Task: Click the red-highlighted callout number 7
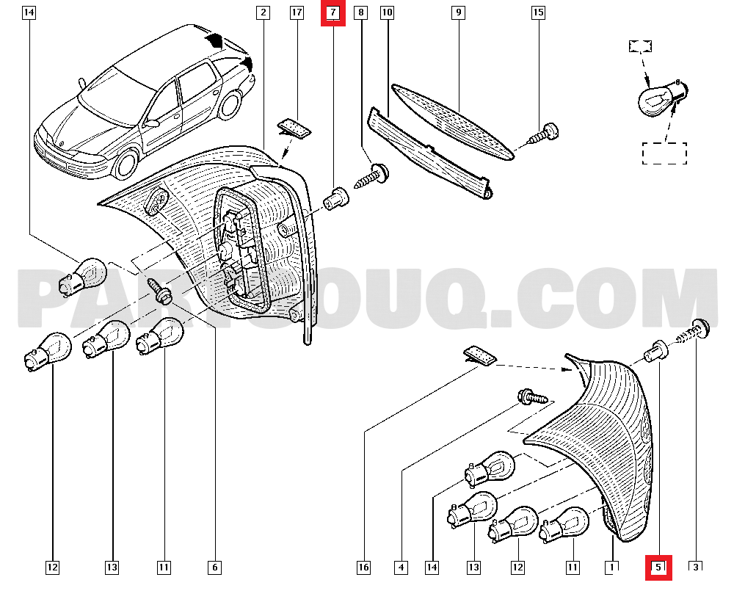point(333,13)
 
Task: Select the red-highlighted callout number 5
point(658,567)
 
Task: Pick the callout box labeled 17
point(297,12)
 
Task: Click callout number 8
point(360,12)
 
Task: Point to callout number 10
point(387,12)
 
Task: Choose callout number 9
point(458,12)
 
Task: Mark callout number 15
point(538,12)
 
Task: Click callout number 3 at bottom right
point(695,566)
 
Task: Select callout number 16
point(364,567)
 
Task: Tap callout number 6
point(214,567)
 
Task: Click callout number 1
point(611,567)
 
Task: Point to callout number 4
point(401,567)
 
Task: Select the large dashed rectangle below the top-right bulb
point(665,152)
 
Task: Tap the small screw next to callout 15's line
point(543,134)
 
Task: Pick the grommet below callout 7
point(335,198)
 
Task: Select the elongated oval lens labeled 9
point(451,120)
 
